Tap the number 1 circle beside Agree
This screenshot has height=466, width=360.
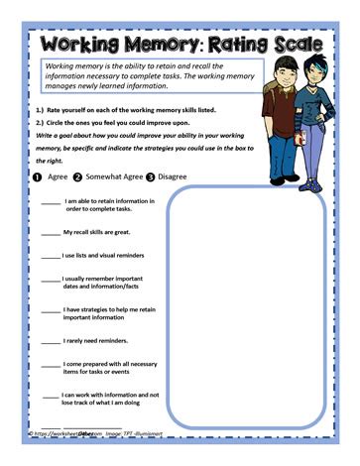37,178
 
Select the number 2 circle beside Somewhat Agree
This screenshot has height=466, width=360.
77,178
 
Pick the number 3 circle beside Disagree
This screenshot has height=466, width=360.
151,178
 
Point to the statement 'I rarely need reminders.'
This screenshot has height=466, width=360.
99,341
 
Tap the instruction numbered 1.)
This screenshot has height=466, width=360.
124,109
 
